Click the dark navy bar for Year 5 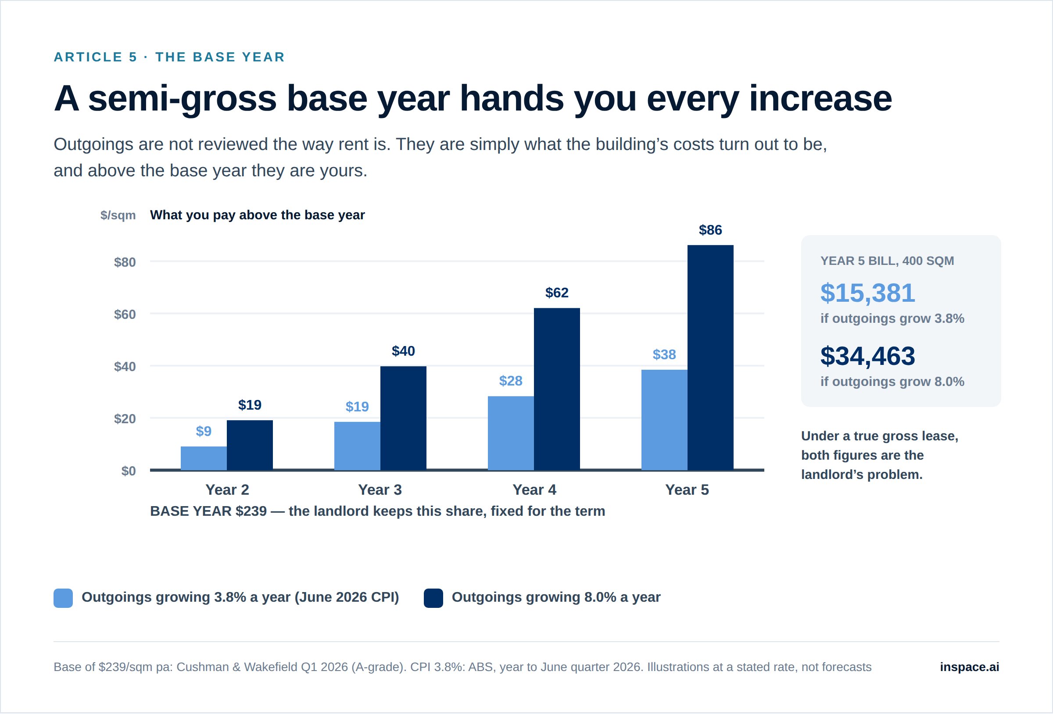[x=710, y=357]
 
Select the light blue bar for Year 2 [x=204, y=458]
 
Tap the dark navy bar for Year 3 [x=403, y=418]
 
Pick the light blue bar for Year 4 [x=511, y=433]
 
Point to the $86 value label [x=710, y=230]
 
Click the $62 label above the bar [x=557, y=293]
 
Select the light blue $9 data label [x=204, y=431]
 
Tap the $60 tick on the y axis [x=125, y=314]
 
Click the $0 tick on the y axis [x=129, y=471]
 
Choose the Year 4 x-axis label [x=534, y=490]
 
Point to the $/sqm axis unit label [x=118, y=215]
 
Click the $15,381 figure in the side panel [x=868, y=293]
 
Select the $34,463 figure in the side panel [x=868, y=356]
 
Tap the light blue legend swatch [x=63, y=598]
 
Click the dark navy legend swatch [x=433, y=598]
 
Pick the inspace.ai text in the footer [x=970, y=667]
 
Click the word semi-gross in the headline [x=182, y=99]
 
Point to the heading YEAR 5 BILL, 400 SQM [x=887, y=261]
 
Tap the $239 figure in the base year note [x=251, y=511]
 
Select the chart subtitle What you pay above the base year [x=258, y=215]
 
